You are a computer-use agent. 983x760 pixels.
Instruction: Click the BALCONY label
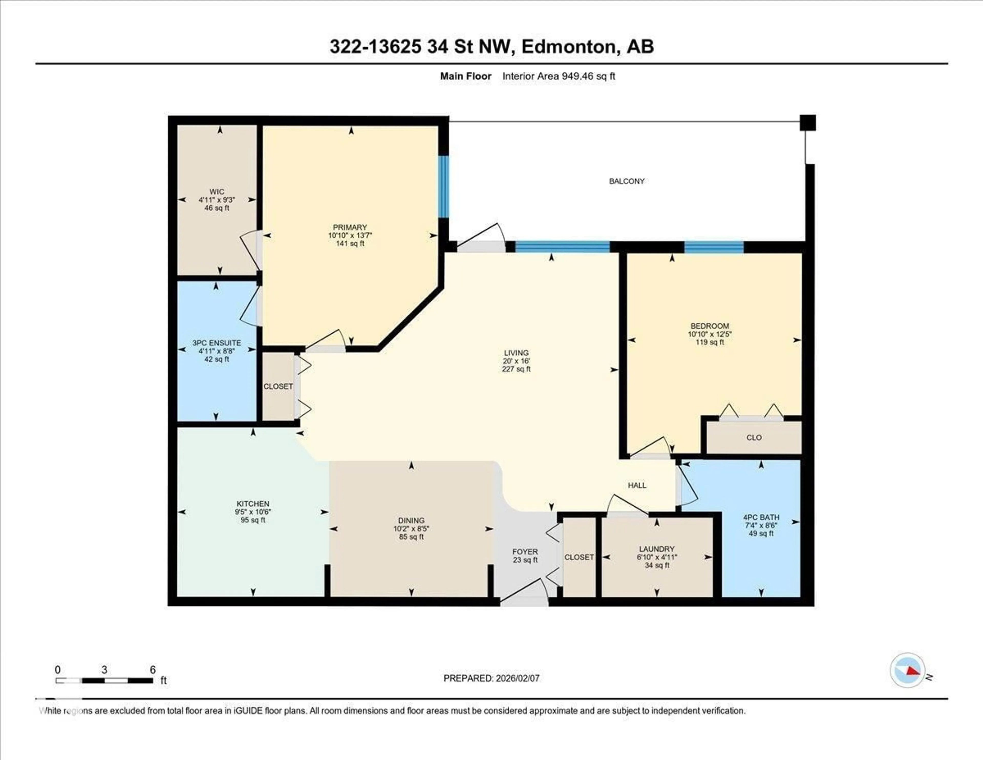(626, 181)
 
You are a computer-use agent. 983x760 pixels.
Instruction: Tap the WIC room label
(217, 191)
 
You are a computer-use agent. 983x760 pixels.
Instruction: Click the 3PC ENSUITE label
(217, 343)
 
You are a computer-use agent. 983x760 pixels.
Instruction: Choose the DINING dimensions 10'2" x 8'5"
(411, 528)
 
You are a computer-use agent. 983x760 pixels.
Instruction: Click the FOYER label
(525, 551)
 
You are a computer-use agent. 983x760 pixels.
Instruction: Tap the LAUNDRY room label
(657, 549)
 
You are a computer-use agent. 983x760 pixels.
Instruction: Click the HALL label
(637, 485)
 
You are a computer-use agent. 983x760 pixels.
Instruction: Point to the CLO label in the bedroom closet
(754, 437)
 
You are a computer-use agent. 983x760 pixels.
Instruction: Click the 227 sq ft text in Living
(516, 369)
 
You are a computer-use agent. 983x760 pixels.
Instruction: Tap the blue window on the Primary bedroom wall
(444, 187)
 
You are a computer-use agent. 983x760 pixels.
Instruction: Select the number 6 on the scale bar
(153, 670)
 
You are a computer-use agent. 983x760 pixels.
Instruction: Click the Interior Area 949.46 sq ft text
(559, 76)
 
